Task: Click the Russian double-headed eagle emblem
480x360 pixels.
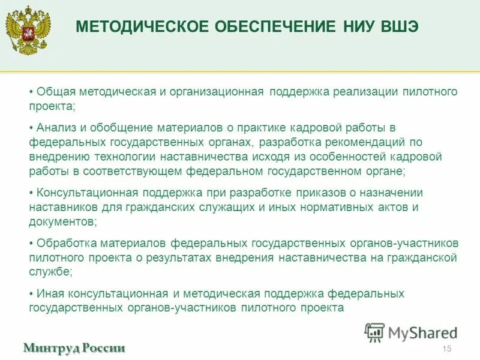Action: tap(28, 30)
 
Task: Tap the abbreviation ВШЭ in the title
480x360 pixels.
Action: tap(398, 27)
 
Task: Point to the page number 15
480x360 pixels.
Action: tap(446, 349)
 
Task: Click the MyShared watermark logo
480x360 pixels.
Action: tap(410, 332)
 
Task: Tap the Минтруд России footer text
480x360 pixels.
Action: tap(74, 348)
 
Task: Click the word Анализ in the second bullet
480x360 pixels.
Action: tap(55, 128)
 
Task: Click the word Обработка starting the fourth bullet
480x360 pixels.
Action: tap(62, 243)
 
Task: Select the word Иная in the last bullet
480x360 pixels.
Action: tap(49, 293)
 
